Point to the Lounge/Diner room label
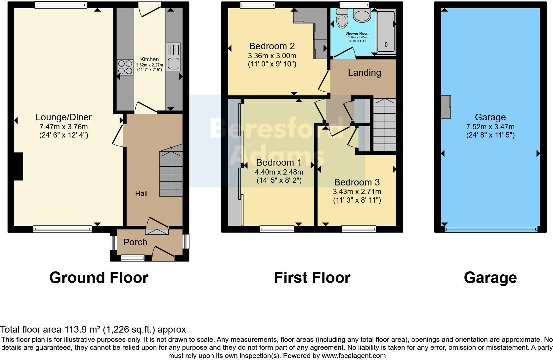[64, 117]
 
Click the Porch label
[135, 242]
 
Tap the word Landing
[364, 73]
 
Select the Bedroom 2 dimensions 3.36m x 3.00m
[272, 55]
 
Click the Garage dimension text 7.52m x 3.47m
[490, 127]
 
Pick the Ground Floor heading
[99, 278]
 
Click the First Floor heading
[312, 278]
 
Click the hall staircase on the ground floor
[171, 174]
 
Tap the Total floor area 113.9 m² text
[93, 330]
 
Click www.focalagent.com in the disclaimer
[354, 356]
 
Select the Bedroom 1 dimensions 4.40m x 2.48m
[278, 172]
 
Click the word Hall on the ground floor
[141, 194]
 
